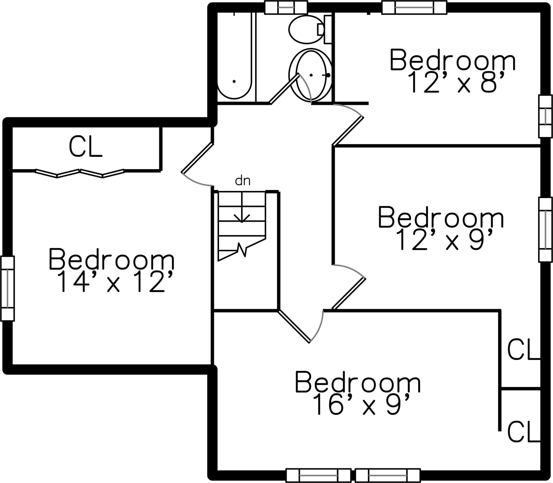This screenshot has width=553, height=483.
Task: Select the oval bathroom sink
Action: (x=310, y=75)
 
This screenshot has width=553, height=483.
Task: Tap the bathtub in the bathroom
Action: (x=234, y=57)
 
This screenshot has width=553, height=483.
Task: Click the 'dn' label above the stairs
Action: (x=243, y=181)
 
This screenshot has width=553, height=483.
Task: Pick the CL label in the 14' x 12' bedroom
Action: (x=86, y=147)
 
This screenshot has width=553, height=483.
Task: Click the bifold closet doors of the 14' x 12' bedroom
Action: (x=80, y=173)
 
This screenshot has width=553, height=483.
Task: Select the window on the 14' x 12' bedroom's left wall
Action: (x=7, y=288)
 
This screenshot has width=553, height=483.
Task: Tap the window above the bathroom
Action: (x=286, y=7)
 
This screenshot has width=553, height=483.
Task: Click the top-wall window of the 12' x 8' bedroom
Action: (x=414, y=7)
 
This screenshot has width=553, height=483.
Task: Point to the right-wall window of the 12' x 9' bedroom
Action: (x=545, y=230)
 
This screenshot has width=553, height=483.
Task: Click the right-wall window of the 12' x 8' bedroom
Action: (x=545, y=116)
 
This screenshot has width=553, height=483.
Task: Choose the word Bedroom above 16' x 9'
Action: (x=358, y=383)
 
